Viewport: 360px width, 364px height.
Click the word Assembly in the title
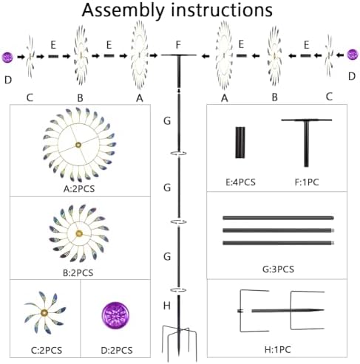point(123,10)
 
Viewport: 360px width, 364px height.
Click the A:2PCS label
point(79,189)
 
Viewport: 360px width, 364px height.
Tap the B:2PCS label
point(78,272)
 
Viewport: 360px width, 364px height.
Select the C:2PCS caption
point(47,350)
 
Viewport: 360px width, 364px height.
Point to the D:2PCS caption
point(117,350)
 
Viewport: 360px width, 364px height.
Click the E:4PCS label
point(240,182)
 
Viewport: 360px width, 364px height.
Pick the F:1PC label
point(307,182)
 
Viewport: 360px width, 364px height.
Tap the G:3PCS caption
point(278,269)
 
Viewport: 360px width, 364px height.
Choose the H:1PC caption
point(278,349)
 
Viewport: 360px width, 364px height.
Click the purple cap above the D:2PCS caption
point(115,315)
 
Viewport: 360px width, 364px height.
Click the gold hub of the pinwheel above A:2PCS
point(78,145)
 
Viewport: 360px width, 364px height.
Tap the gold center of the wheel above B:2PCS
point(79,233)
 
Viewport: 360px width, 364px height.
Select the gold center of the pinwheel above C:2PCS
point(44,313)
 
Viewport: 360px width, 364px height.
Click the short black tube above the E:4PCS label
point(240,142)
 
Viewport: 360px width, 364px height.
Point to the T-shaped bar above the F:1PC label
point(306,138)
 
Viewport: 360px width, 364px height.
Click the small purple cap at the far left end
point(7,57)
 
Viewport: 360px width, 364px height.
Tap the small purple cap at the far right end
point(353,55)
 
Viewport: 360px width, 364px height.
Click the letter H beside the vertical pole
point(167,306)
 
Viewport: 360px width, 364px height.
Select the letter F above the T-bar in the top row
point(178,45)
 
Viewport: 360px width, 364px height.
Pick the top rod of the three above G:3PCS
point(278,218)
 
